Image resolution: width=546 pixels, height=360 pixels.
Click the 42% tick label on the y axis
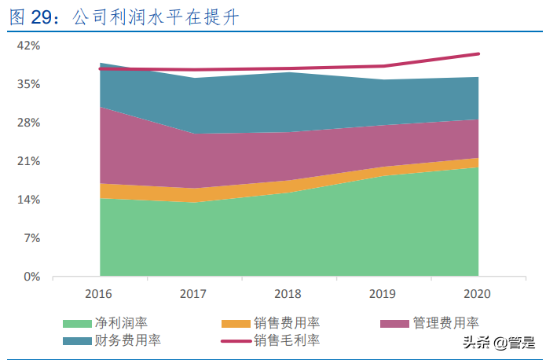(x=28, y=46)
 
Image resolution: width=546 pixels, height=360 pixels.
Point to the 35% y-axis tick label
(x=28, y=84)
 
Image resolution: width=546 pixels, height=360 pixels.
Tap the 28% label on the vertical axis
(x=28, y=123)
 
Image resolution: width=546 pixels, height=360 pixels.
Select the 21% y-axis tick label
(x=28, y=161)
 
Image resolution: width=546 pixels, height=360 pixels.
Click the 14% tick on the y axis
(x=28, y=200)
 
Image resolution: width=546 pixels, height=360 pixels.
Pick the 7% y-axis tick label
(x=31, y=238)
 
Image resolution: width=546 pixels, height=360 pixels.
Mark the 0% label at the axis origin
(x=31, y=277)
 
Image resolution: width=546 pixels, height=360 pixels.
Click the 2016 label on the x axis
(x=99, y=294)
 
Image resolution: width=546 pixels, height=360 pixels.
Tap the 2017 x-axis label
(x=193, y=294)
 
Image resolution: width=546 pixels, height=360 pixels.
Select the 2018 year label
(x=288, y=294)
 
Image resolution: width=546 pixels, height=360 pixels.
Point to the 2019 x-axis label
(x=383, y=294)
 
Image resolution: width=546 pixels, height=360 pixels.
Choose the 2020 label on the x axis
(x=478, y=294)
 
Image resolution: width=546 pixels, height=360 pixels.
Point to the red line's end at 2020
(x=478, y=53)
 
